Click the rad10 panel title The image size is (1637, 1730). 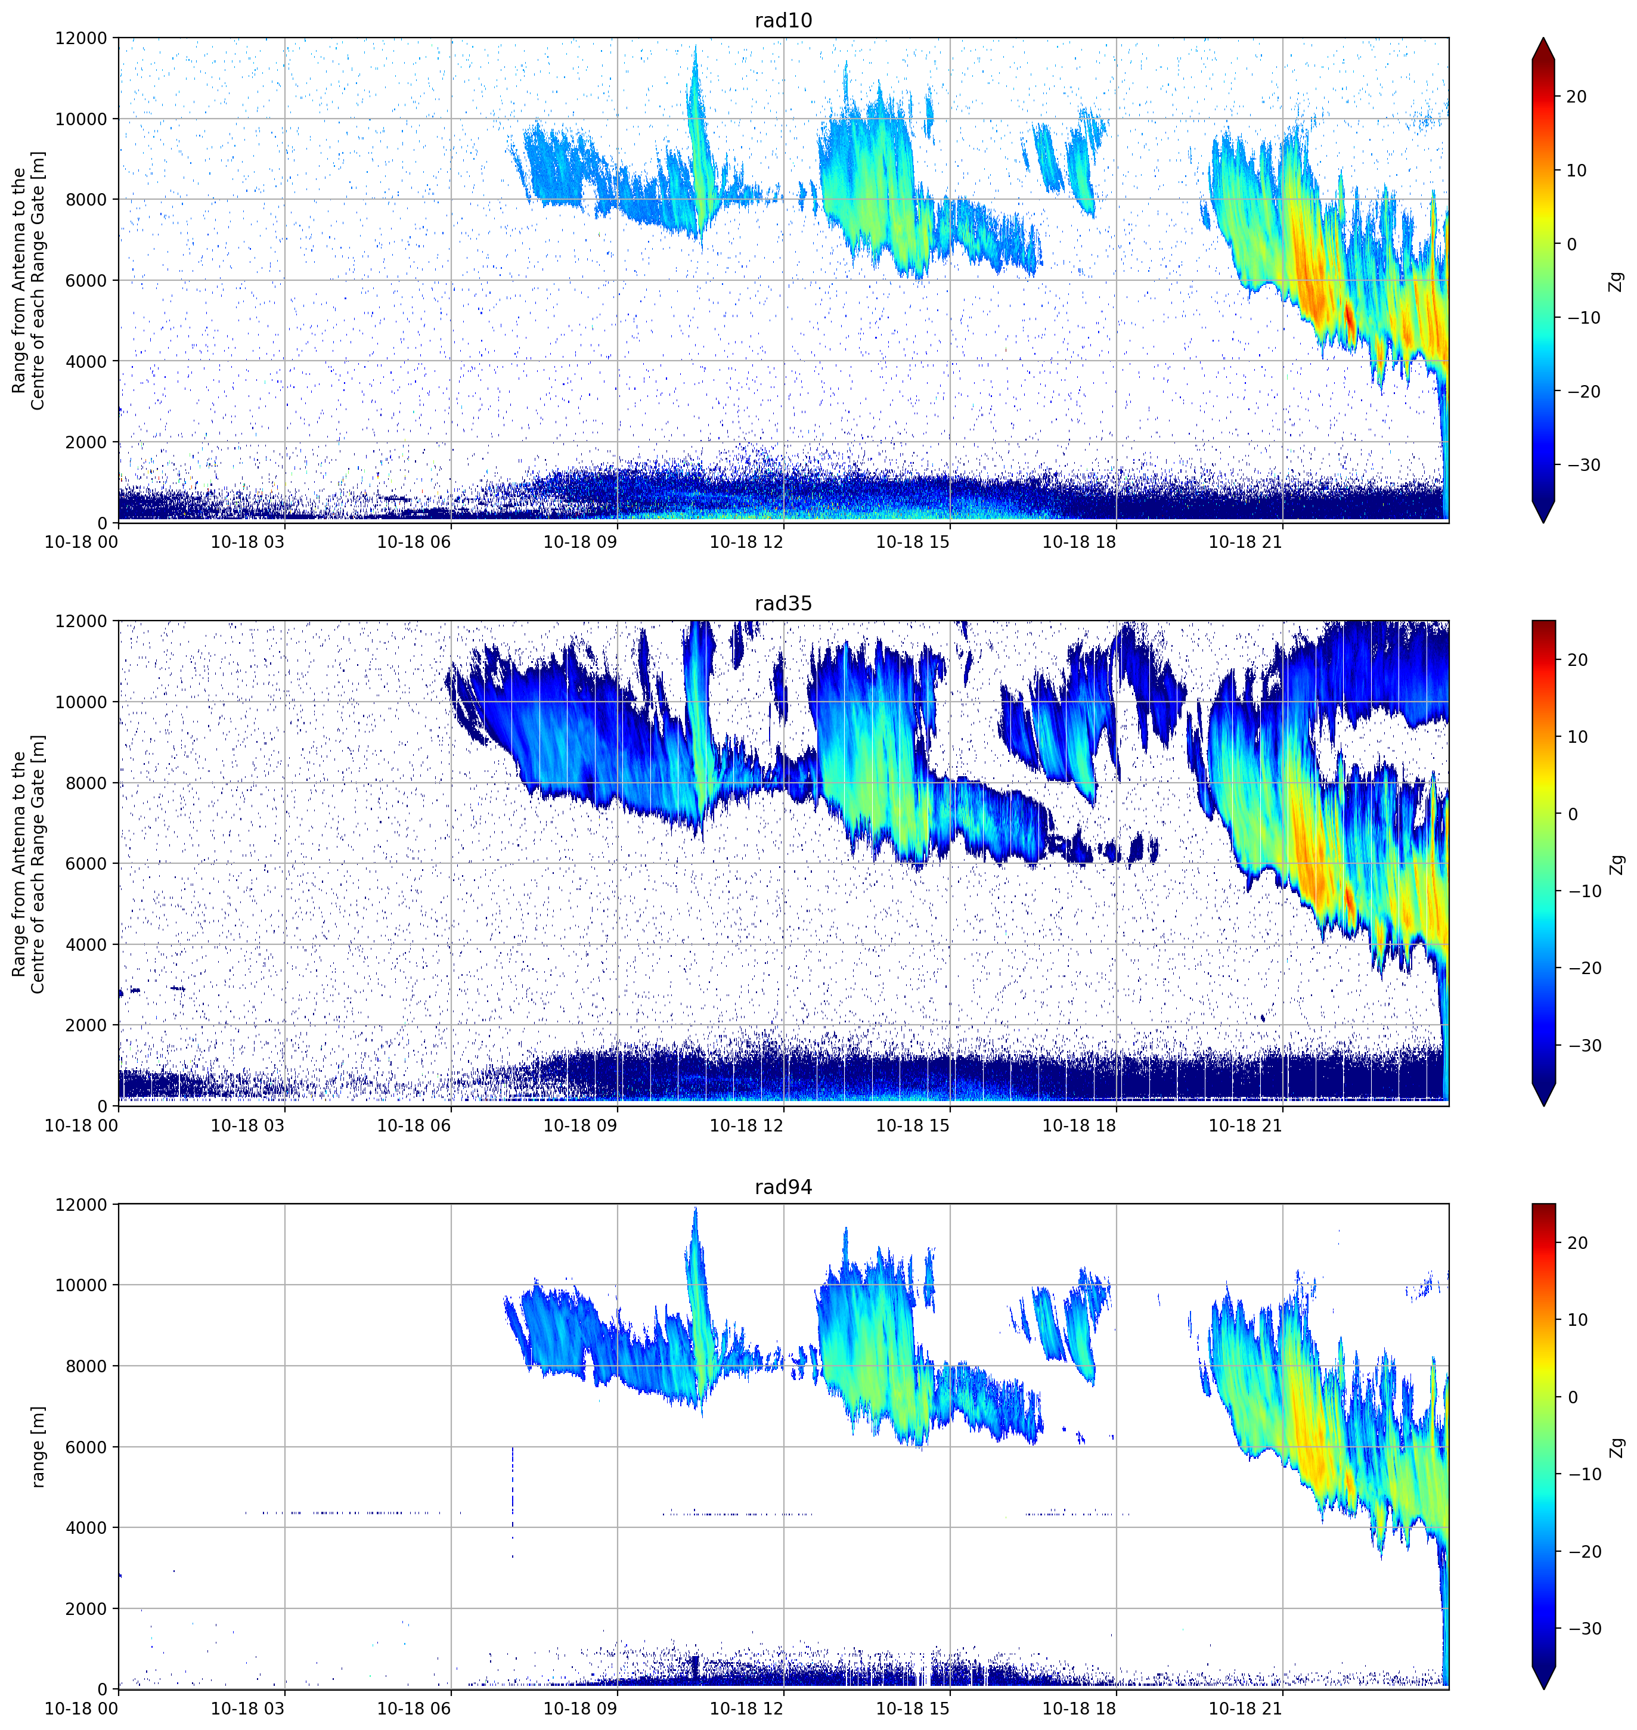[783, 20]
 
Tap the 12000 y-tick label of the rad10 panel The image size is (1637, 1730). [80, 38]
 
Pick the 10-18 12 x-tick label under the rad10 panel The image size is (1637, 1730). [746, 542]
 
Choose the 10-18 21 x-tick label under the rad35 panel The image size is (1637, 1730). [1245, 1126]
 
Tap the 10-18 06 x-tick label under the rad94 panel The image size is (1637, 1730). [414, 1708]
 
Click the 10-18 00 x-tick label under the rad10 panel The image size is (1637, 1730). [81, 542]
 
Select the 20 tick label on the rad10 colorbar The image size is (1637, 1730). [1576, 97]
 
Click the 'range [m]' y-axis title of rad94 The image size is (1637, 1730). [38, 1446]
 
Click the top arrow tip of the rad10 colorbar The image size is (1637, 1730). [1543, 38]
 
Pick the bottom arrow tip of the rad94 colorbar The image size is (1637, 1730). [1543, 1688]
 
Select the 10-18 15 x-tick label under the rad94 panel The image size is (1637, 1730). [912, 1708]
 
